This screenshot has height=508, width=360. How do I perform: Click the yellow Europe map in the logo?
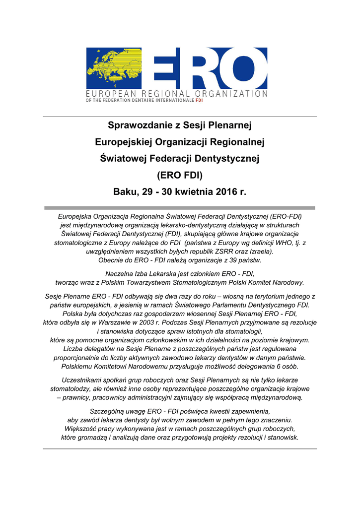[114, 68]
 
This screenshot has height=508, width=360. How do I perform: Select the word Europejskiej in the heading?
[124, 142]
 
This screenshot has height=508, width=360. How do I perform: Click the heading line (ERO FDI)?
[180, 175]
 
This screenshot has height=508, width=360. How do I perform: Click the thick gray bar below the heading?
[180, 208]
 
